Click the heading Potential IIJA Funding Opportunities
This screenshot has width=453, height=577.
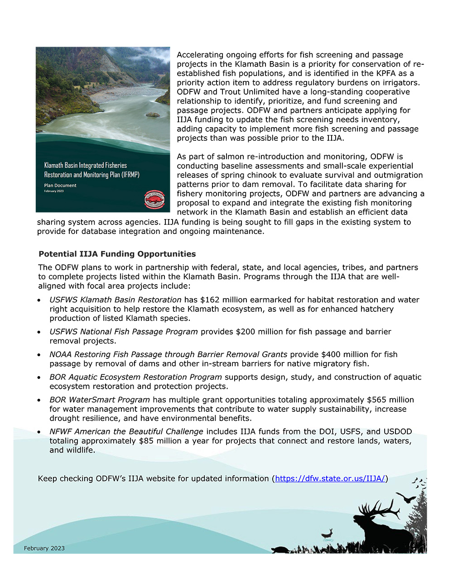[117, 254]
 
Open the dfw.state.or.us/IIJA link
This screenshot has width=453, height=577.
[330, 478]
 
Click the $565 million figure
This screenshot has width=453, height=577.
[390, 400]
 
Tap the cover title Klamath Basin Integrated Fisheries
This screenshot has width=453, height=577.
[86, 165]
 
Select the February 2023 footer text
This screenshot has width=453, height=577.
[44, 548]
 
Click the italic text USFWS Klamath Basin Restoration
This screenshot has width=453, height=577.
[116, 300]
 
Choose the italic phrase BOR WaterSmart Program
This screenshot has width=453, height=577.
[100, 400]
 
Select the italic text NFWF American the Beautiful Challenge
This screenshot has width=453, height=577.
[126, 431]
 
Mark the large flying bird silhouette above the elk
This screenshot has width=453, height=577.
[406, 498]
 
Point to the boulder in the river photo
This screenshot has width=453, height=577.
[153, 114]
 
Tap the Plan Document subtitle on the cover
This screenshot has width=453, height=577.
[60, 186]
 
